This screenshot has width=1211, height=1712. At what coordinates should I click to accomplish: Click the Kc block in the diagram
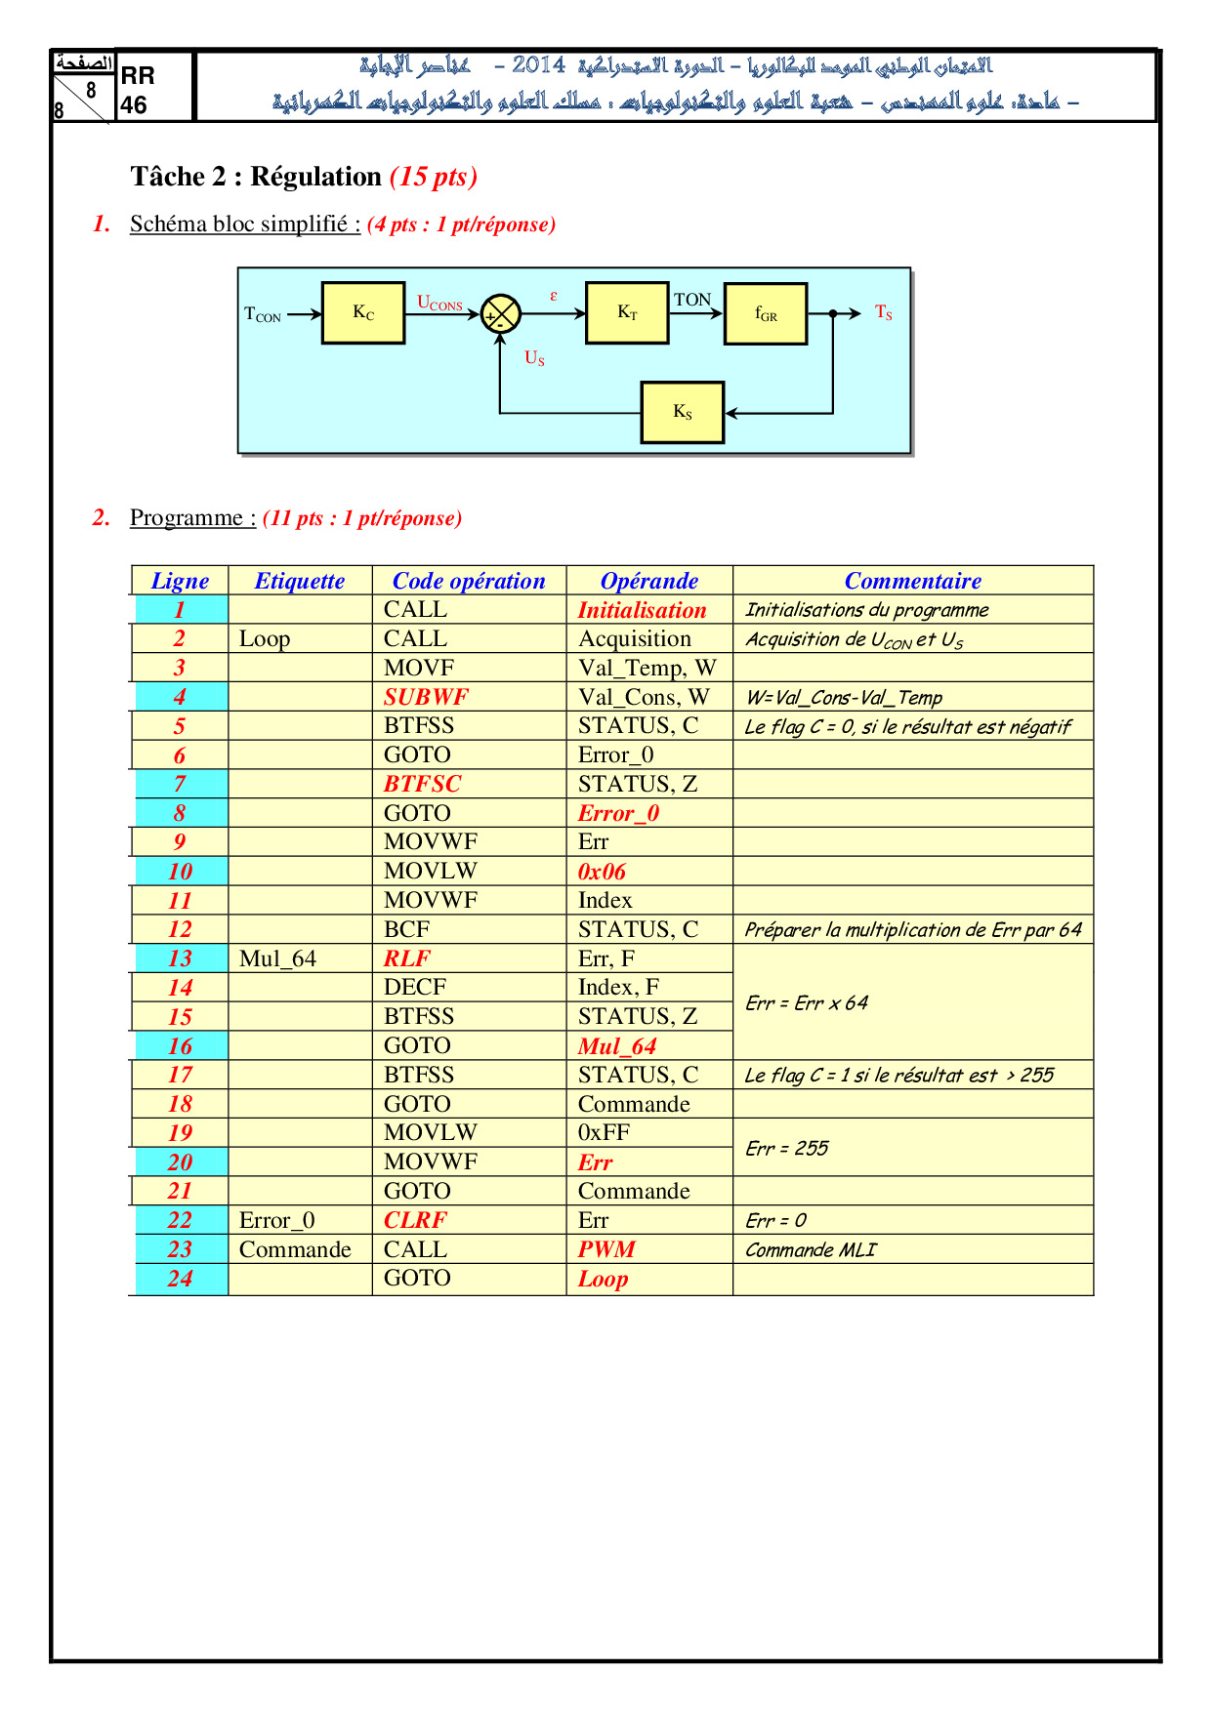(363, 313)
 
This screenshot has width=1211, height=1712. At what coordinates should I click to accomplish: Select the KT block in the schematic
(627, 313)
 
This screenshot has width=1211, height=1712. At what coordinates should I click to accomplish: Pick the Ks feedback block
(683, 412)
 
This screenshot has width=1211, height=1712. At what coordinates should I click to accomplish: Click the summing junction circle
(501, 314)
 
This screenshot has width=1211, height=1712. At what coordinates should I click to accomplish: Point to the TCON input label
(263, 314)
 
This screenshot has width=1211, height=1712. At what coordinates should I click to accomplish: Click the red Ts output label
(884, 312)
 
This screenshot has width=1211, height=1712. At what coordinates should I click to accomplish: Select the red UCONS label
(439, 304)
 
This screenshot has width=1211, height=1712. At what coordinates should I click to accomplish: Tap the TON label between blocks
(692, 300)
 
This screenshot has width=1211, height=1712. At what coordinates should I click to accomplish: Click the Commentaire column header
(913, 581)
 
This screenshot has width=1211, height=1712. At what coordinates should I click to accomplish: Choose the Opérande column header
(649, 581)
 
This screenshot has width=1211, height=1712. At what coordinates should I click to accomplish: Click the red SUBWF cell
(426, 697)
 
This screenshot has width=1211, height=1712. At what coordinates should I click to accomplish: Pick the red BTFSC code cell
(422, 784)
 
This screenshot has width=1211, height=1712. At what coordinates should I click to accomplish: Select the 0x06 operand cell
(602, 872)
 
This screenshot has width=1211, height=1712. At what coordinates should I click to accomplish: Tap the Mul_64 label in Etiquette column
(278, 958)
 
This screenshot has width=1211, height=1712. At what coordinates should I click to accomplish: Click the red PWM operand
(606, 1249)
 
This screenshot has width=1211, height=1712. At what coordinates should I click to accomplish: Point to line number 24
(181, 1279)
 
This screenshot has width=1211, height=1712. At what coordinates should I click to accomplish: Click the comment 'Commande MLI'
(811, 1250)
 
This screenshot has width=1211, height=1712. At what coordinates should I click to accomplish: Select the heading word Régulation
(316, 177)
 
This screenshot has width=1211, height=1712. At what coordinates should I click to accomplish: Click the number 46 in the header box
(134, 105)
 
